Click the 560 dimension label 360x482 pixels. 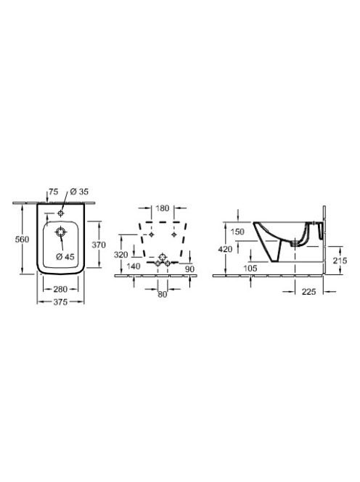click(22, 239)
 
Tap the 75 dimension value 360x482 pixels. click(54, 192)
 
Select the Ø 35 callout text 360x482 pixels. click(79, 192)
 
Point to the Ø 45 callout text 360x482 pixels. click(65, 256)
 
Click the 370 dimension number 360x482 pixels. click(99, 245)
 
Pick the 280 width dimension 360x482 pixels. click(60, 289)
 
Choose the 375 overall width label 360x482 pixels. click(60, 302)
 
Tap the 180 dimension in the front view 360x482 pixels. click(163, 208)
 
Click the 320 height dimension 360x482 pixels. click(120, 255)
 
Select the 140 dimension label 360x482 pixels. click(133, 266)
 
